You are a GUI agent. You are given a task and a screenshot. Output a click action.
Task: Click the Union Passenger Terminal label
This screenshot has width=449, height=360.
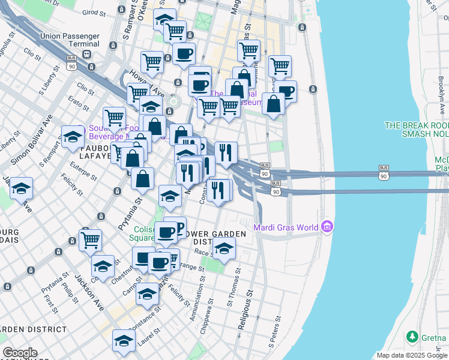(69, 40)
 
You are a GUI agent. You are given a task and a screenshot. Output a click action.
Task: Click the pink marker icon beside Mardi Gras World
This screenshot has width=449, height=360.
(327, 227)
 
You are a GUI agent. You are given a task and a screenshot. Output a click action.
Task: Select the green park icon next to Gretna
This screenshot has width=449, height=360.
(412, 336)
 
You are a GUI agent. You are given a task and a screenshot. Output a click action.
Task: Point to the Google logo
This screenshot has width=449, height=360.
(20, 353)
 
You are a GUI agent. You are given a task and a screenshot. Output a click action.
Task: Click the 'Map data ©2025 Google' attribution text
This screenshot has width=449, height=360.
(412, 355)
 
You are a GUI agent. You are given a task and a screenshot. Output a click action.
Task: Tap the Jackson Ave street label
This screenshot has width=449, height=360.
(89, 292)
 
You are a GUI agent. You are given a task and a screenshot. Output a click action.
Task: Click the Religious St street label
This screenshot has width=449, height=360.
(244, 311)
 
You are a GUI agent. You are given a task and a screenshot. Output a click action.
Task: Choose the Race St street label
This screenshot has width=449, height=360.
(205, 253)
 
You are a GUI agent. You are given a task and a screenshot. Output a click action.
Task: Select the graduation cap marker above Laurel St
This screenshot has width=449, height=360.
(124, 340)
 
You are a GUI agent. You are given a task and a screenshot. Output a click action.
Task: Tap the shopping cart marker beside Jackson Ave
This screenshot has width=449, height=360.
(90, 239)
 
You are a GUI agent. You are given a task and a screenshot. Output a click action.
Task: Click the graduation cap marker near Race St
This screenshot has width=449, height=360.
(224, 248)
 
